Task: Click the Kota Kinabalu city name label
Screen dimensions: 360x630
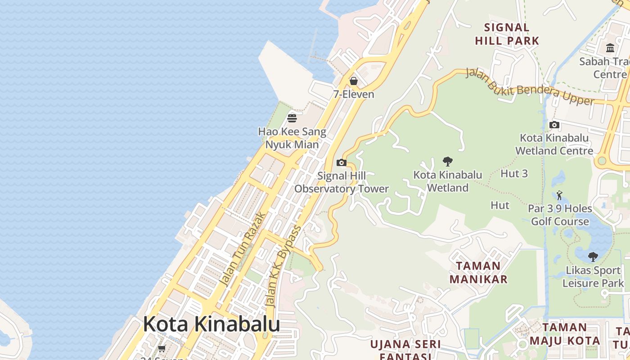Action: pos(211,324)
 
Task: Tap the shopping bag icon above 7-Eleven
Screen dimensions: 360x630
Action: pos(354,81)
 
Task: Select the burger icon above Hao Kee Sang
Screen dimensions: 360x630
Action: pos(292,118)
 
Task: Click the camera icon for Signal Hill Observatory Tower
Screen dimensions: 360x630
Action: pos(342,162)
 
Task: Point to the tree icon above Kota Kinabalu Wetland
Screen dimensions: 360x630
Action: pos(447,161)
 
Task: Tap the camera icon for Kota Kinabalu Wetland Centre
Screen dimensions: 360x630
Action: pos(554,125)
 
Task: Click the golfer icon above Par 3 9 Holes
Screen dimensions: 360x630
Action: pos(559,195)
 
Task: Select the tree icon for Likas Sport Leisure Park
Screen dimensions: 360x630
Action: pos(593,257)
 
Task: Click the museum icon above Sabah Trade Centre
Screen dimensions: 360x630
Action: pos(610,48)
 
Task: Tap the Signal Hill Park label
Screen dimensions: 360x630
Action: pos(507,34)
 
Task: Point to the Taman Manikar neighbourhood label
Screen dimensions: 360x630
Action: pos(478,272)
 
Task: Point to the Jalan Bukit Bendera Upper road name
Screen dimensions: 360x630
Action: pos(530,86)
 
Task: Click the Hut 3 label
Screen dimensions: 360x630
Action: pos(514,173)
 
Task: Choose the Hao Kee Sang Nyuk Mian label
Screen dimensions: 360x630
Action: pos(292,138)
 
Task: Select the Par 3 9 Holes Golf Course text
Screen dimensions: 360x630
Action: pos(560,215)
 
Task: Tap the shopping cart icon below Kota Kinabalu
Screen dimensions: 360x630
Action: pos(162,348)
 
